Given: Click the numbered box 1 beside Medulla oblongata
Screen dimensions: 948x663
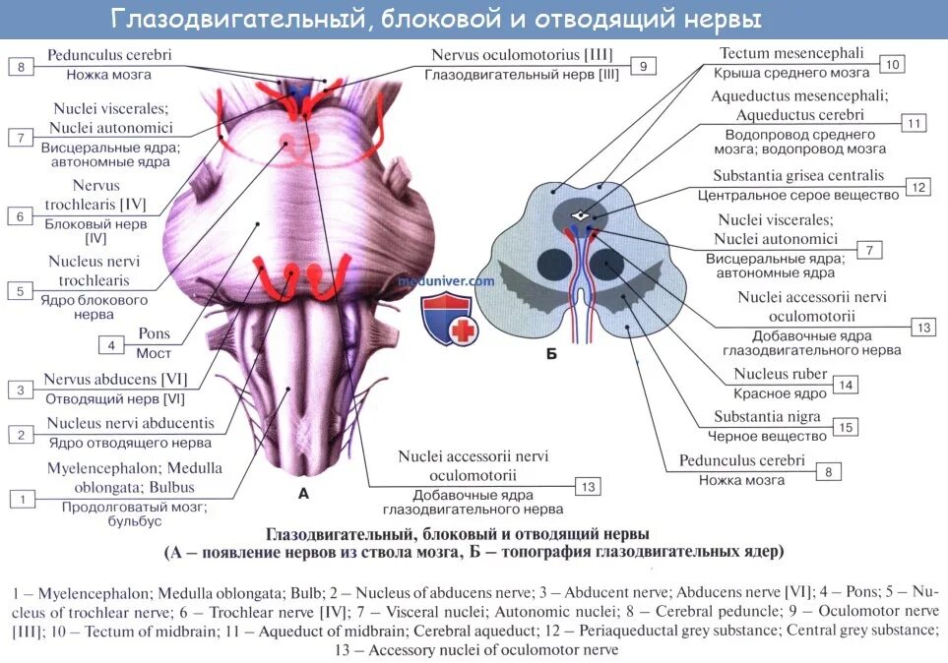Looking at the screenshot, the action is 20,500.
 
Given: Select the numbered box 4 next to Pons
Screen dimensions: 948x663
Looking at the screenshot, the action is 111,345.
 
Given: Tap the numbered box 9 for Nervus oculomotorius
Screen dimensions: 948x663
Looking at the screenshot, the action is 642,66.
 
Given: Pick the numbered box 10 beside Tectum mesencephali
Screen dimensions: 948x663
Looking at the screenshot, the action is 892,65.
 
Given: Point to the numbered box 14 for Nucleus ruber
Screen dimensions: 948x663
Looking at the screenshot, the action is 844,385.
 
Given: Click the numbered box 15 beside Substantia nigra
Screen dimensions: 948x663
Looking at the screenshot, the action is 844,427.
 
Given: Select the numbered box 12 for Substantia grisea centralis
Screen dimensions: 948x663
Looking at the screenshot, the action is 918,187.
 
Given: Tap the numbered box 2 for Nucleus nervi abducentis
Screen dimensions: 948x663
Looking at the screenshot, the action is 20,434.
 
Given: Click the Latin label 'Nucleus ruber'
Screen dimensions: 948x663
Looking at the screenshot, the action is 780,375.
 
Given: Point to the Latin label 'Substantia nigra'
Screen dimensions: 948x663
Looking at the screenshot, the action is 767,416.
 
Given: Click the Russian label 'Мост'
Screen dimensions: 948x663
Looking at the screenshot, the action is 153,353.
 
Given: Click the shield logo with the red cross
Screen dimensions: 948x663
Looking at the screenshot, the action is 449,317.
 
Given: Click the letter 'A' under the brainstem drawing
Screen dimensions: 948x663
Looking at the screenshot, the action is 303,493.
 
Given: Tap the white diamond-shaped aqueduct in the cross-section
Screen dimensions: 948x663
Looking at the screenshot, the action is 583,214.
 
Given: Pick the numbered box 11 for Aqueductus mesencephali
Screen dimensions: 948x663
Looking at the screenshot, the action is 913,123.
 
